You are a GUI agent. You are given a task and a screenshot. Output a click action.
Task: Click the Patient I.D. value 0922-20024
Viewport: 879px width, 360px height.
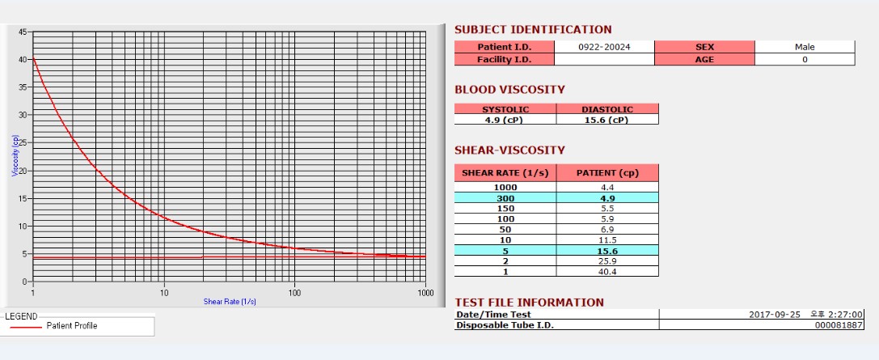(604, 47)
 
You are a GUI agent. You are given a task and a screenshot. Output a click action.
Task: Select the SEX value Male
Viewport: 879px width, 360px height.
(805, 47)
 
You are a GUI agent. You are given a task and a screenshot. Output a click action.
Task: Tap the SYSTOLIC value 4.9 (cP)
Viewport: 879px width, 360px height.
(505, 120)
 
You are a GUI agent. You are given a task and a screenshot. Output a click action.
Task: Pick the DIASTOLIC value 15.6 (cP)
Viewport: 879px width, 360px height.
(606, 120)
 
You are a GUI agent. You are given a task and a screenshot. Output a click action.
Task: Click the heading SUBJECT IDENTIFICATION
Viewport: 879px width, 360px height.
(533, 30)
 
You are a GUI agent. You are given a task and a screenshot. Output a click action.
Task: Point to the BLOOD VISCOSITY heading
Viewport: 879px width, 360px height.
(509, 90)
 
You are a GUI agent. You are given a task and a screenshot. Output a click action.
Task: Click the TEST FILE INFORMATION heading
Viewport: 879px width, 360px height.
(529, 303)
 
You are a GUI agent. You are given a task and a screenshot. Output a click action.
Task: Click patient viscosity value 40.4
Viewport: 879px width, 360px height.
(606, 272)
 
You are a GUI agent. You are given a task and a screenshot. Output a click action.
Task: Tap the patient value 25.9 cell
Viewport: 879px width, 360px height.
(606, 261)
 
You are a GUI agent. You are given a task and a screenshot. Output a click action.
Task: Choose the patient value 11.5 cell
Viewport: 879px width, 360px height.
(606, 240)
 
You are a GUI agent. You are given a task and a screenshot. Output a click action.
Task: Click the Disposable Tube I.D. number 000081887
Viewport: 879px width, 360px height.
(839, 325)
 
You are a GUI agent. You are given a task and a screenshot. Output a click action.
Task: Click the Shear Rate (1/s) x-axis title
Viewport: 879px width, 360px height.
(230, 302)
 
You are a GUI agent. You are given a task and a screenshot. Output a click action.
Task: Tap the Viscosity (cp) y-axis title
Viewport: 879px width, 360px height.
(15, 156)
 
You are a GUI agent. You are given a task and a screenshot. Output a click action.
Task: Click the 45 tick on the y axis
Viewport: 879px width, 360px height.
(22, 32)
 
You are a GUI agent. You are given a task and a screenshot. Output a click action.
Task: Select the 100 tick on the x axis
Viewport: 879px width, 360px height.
(295, 293)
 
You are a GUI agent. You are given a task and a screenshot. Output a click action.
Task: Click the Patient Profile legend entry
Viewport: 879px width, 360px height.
(72, 326)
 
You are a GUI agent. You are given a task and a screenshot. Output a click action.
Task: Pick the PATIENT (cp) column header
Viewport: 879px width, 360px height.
(606, 173)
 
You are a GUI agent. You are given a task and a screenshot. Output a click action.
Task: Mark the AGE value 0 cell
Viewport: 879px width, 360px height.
(805, 59)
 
